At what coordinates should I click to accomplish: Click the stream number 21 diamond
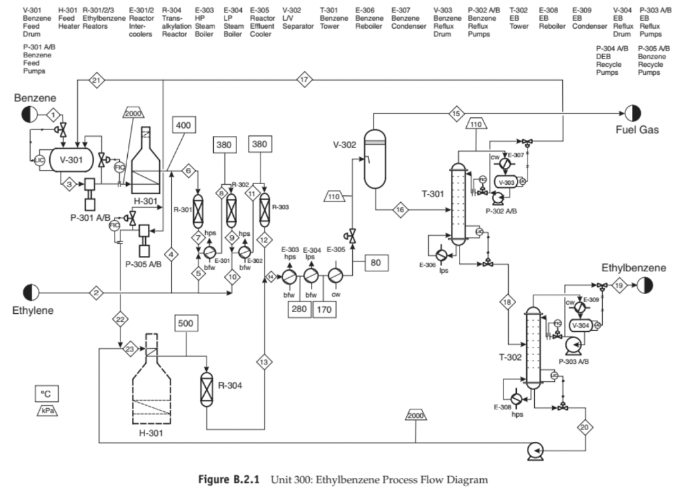97,80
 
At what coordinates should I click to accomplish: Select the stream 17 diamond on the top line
304,80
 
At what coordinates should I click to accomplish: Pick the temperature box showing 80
376,262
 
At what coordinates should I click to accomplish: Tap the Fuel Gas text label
637,130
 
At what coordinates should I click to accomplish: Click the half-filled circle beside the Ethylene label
31,292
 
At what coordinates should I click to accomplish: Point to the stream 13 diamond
264,361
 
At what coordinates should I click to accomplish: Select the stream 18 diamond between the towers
508,302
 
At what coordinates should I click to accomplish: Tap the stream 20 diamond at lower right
585,427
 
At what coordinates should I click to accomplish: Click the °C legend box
47,394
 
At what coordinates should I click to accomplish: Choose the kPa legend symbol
47,411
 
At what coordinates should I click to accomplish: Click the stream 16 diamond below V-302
400,210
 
